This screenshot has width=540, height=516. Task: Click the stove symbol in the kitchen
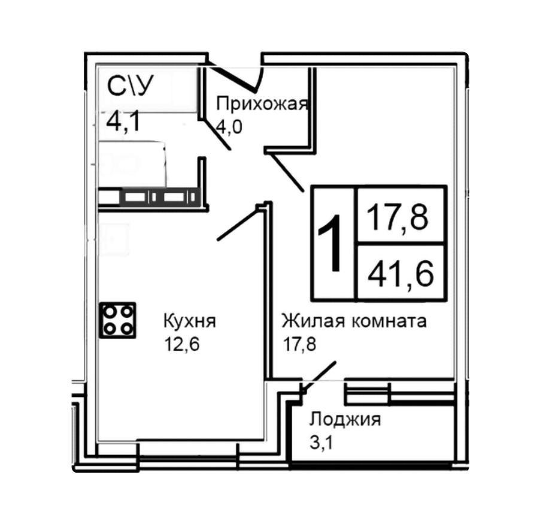pyautogui.click(x=118, y=320)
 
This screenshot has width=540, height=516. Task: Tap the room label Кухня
pyautogui.click(x=189, y=321)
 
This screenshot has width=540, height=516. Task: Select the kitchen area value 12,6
pyautogui.click(x=182, y=344)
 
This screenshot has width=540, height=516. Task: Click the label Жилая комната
pyautogui.click(x=354, y=321)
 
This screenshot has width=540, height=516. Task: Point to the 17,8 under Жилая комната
pyautogui.click(x=299, y=344)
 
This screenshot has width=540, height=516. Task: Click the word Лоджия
pyautogui.click(x=345, y=420)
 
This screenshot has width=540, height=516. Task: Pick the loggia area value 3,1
pyautogui.click(x=321, y=442)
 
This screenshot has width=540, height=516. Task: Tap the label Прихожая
pyautogui.click(x=262, y=104)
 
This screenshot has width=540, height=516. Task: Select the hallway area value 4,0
pyautogui.click(x=229, y=127)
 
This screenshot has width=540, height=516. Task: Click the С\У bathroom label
pyautogui.click(x=129, y=86)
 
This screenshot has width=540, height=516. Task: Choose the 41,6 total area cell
pyautogui.click(x=401, y=272)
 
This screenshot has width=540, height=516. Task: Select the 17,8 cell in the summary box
pyautogui.click(x=401, y=216)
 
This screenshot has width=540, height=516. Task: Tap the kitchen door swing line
pyautogui.click(x=238, y=223)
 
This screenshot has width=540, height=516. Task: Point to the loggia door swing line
pyautogui.click(x=319, y=377)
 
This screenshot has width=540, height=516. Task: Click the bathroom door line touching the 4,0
pyautogui.click(x=216, y=134)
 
